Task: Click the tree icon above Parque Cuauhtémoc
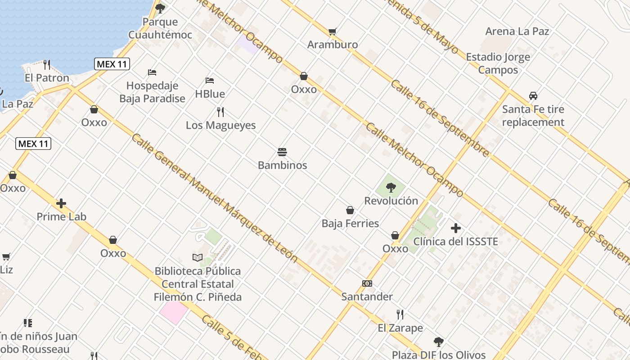click(x=160, y=8)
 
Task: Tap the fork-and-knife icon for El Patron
click(x=47, y=64)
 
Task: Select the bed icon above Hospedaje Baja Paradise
click(x=152, y=72)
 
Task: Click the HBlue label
click(x=210, y=94)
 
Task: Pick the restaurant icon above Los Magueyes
click(x=220, y=112)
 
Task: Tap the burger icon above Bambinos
click(x=282, y=152)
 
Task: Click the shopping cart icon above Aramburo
click(x=333, y=31)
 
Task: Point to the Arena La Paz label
click(x=517, y=31)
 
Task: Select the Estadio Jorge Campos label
click(x=498, y=63)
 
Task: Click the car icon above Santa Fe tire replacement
click(x=533, y=96)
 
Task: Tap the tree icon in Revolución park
click(x=391, y=188)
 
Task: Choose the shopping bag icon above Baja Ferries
click(x=350, y=210)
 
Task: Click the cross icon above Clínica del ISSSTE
click(x=456, y=228)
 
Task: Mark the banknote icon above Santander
click(x=367, y=283)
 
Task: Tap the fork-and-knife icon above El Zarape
click(x=400, y=314)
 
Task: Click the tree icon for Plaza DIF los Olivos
click(x=439, y=342)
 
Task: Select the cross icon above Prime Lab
click(x=61, y=203)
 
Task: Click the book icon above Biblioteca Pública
click(x=198, y=257)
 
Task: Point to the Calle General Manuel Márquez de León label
click(x=214, y=198)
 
